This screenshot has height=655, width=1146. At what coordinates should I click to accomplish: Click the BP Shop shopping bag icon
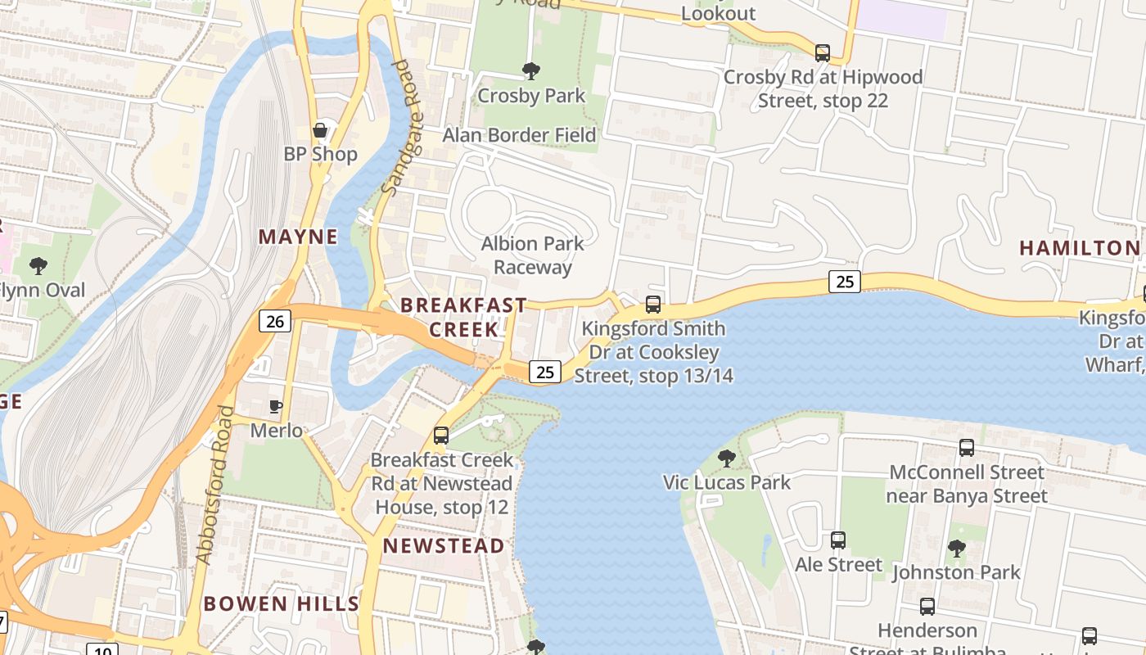(x=320, y=130)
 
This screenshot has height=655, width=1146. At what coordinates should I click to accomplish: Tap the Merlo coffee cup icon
(x=276, y=406)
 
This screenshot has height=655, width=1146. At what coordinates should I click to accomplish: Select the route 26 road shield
(x=275, y=321)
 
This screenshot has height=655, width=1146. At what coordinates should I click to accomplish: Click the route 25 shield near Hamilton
(x=845, y=282)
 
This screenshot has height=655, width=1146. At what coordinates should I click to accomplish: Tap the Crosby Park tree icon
(x=531, y=71)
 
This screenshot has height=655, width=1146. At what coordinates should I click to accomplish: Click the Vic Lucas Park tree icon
(x=726, y=458)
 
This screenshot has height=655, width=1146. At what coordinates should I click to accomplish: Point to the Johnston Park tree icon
(x=956, y=548)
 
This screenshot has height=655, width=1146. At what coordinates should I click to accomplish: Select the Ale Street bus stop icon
(x=838, y=540)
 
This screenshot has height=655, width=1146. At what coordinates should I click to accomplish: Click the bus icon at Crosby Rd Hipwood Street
(x=823, y=53)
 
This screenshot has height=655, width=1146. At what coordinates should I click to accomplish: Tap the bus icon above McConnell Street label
(x=967, y=448)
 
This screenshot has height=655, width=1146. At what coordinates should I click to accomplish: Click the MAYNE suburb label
(x=298, y=237)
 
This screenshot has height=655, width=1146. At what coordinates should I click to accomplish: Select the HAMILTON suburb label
(x=1079, y=247)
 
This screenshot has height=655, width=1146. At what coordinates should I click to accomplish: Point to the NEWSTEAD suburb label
(x=444, y=545)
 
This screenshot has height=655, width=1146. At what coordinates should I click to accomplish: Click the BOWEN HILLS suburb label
(x=281, y=604)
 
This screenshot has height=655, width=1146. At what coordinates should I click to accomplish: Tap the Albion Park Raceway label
(x=533, y=255)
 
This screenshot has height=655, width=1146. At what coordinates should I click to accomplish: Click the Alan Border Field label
(x=519, y=135)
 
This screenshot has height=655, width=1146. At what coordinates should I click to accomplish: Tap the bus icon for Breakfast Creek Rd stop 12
(x=441, y=435)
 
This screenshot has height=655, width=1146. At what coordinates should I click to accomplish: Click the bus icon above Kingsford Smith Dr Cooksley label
(x=653, y=305)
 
